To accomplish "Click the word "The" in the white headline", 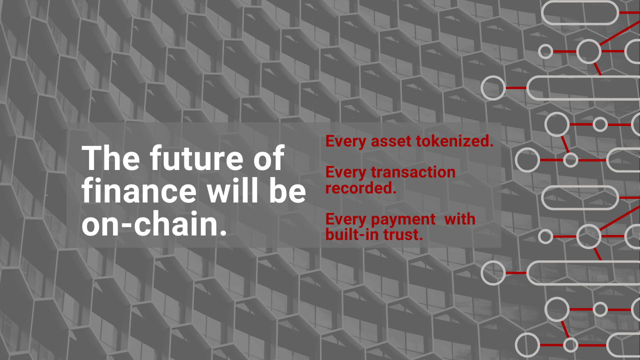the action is click(110, 157).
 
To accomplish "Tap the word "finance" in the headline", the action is click(139, 189).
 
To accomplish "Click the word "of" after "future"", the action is click(269, 157).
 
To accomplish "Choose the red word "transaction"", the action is click(413, 172).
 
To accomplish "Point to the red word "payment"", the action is click(403, 220).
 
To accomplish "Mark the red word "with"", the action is click(460, 219).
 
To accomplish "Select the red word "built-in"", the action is click(352, 234).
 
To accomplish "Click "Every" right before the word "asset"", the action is click(346, 141).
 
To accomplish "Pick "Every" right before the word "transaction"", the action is click(346, 173).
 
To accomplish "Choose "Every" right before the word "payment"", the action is click(346, 220).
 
